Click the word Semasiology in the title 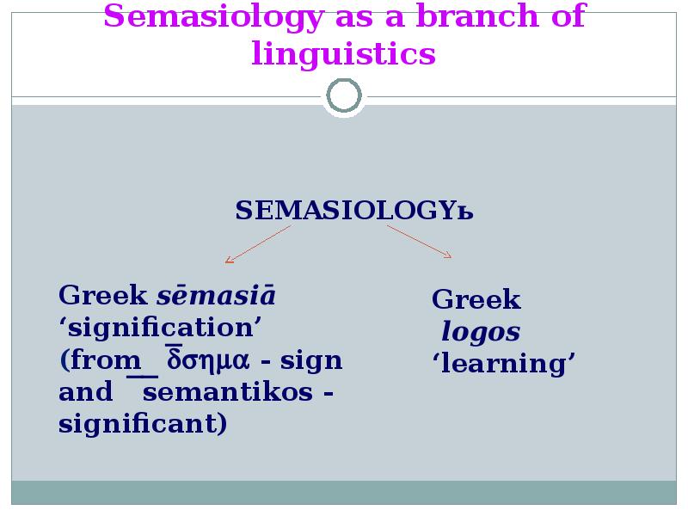213,17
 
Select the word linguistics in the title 343,54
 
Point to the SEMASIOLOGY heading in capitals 354,210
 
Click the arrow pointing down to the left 258,244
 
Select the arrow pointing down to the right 419,242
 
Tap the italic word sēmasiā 217,295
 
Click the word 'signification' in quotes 160,328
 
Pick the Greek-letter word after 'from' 208,359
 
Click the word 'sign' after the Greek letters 311,361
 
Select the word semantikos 228,391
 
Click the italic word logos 481,332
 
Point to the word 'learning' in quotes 504,364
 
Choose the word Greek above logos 476,299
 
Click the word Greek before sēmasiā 103,295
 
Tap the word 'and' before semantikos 85,392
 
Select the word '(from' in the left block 100,360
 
